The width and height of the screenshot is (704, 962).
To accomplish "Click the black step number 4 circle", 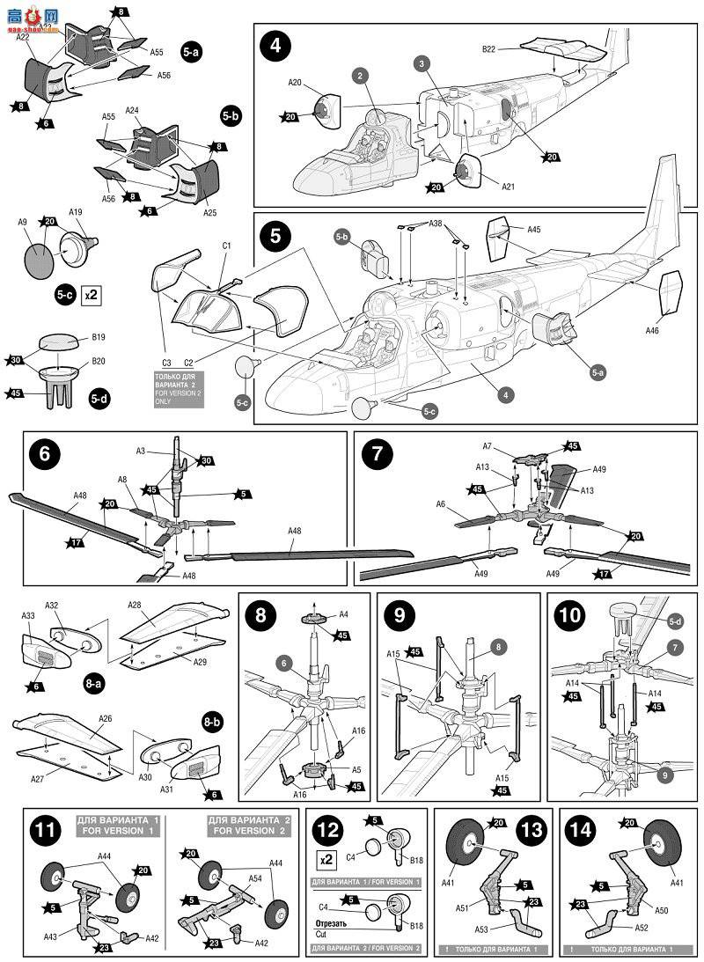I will pyautogui.click(x=275, y=45).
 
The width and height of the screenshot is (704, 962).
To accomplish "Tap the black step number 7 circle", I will pyautogui.click(x=377, y=455).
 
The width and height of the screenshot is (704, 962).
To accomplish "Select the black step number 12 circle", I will pyautogui.click(x=326, y=829).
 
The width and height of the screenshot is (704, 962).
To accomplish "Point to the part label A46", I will pyautogui.click(x=652, y=331).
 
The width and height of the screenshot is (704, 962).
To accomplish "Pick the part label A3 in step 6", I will pyautogui.click(x=141, y=451).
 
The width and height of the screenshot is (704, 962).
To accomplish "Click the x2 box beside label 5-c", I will pyautogui.click(x=91, y=295).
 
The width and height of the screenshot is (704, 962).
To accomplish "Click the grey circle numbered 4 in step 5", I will pyautogui.click(x=506, y=395).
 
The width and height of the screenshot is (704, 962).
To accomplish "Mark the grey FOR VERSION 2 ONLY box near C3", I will pyautogui.click(x=179, y=390).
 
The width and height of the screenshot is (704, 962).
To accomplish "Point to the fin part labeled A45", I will pyautogui.click(x=498, y=240).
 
